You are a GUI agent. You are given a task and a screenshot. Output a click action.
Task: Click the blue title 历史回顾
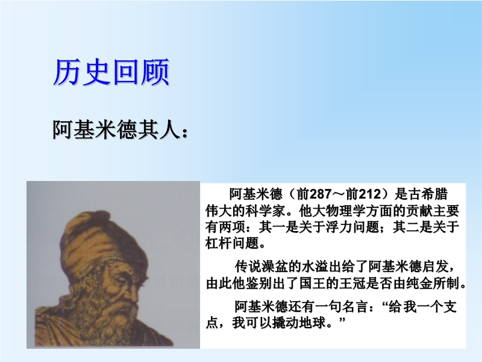coord(111,72)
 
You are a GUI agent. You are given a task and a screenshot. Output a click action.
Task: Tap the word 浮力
coord(339,227)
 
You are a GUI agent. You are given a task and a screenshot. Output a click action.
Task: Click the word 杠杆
coord(219,244)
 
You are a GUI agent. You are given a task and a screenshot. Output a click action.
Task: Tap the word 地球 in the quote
coord(312,323)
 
